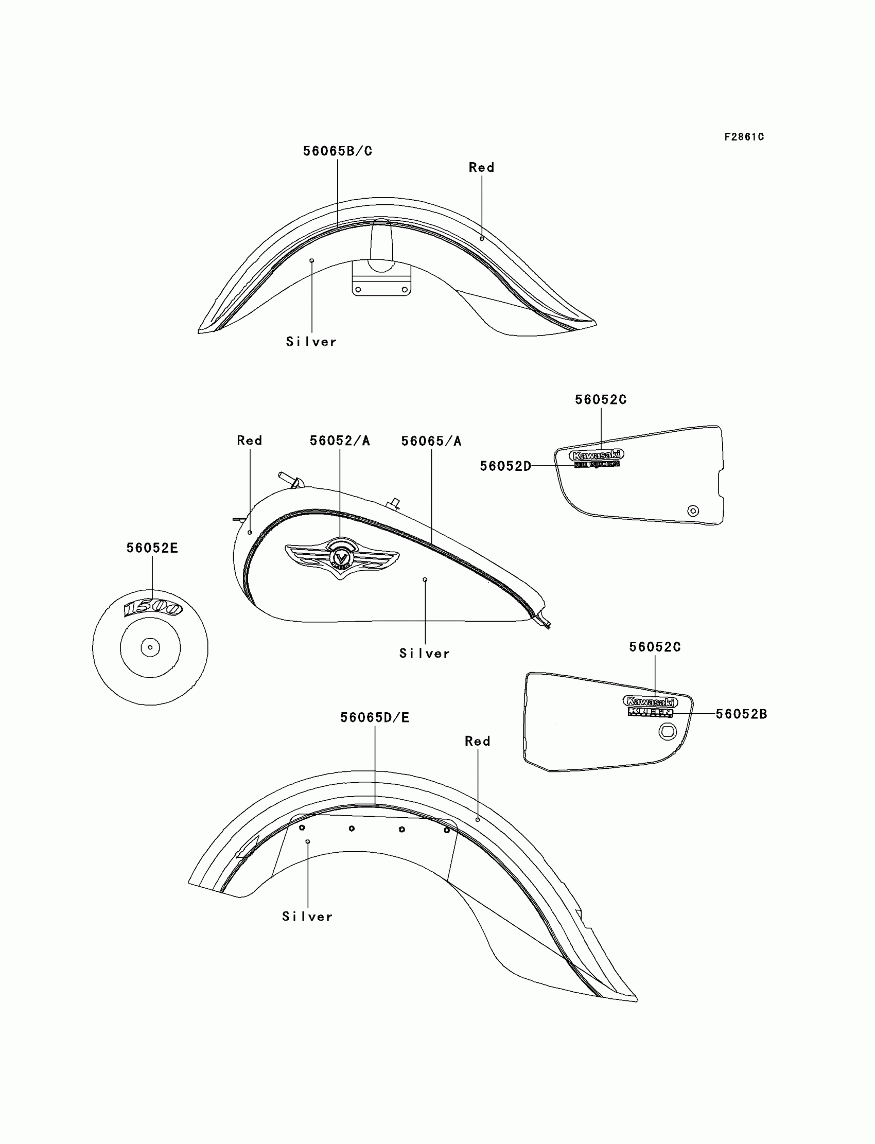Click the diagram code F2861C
click(744, 137)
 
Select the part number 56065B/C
click(338, 151)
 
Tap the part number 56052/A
click(340, 441)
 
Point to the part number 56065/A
click(431, 442)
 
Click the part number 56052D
click(505, 466)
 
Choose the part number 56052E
click(152, 548)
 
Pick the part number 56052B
click(741, 714)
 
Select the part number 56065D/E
click(375, 717)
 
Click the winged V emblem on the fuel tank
click(342, 558)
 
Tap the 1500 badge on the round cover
click(152, 608)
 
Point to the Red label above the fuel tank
click(250, 441)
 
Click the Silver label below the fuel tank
click(425, 654)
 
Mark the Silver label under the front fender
click(311, 342)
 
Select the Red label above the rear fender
click(478, 741)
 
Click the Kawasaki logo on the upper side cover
click(597, 454)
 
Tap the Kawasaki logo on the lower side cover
click(651, 701)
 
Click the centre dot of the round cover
click(150, 648)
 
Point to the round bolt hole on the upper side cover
click(693, 511)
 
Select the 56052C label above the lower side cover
click(655, 647)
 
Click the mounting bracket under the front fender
click(381, 281)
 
